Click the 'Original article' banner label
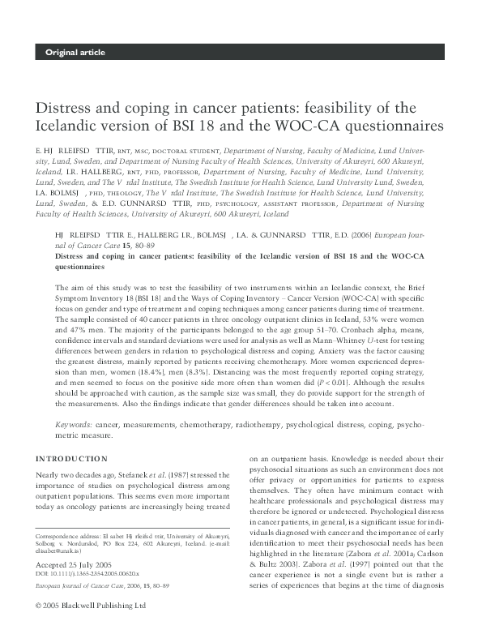(75, 53)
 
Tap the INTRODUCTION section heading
(70, 458)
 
